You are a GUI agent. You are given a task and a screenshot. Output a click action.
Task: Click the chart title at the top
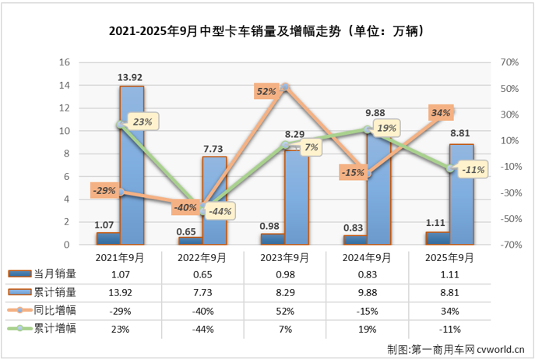268,32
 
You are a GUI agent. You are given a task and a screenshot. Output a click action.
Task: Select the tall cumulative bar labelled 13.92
131,168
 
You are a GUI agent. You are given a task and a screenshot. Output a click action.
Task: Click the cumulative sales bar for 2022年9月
214,201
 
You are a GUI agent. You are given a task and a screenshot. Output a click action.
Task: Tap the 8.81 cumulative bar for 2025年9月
460,195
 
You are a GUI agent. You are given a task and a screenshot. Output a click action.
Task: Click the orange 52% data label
266,91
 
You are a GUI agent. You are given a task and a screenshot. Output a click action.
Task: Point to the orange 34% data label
440,113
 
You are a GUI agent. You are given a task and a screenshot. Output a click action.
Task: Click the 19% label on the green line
387,127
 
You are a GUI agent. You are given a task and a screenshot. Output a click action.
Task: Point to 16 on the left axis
65,62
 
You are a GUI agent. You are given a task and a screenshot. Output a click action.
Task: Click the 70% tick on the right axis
507,62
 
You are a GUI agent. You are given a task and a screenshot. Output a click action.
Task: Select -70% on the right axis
506,245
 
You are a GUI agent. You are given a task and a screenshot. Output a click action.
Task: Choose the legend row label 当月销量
55,274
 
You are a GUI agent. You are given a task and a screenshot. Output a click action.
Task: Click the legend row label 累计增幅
55,330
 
